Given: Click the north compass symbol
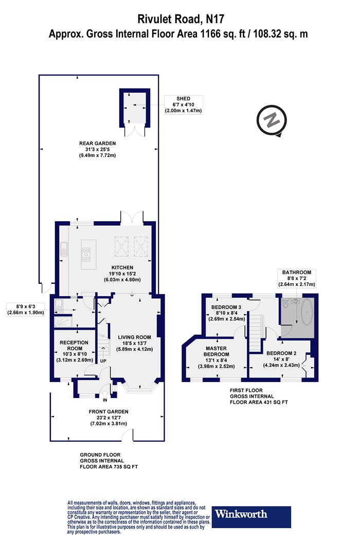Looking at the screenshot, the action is [272, 121].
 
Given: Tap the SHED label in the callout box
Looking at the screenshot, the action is [183, 99].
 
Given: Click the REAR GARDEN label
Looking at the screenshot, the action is [98, 143].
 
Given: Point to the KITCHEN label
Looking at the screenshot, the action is [122, 267].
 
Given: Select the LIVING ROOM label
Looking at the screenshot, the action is [134, 337].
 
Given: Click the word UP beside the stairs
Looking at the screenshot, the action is [103, 361].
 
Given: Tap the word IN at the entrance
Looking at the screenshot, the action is [105, 400].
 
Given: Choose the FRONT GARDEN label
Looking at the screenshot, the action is [109, 411].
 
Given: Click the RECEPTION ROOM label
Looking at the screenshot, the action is [74, 346].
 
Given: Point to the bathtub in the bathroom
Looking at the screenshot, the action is [307, 312].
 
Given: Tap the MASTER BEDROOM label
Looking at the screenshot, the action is [217, 351].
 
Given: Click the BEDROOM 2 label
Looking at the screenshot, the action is [281, 353].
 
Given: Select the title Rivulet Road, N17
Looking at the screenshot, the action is [178, 19].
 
